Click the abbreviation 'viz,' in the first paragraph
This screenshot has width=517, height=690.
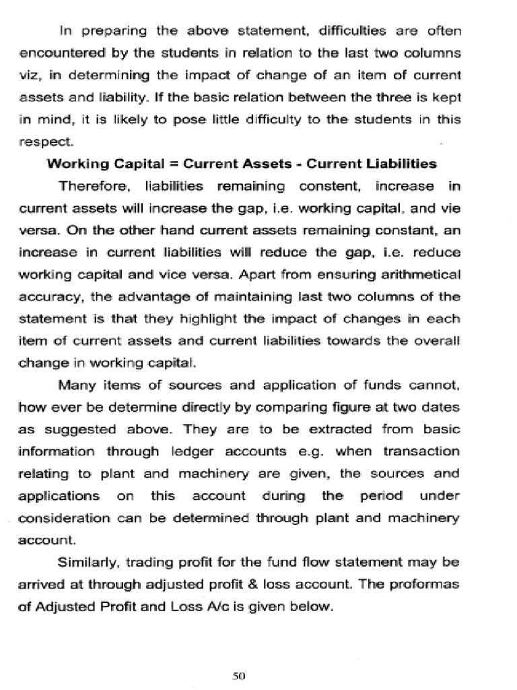[x=32, y=75]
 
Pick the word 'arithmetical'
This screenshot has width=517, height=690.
[x=418, y=274]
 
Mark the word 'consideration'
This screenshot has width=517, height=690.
[x=58, y=518]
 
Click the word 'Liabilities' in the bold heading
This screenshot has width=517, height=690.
[x=405, y=163]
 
